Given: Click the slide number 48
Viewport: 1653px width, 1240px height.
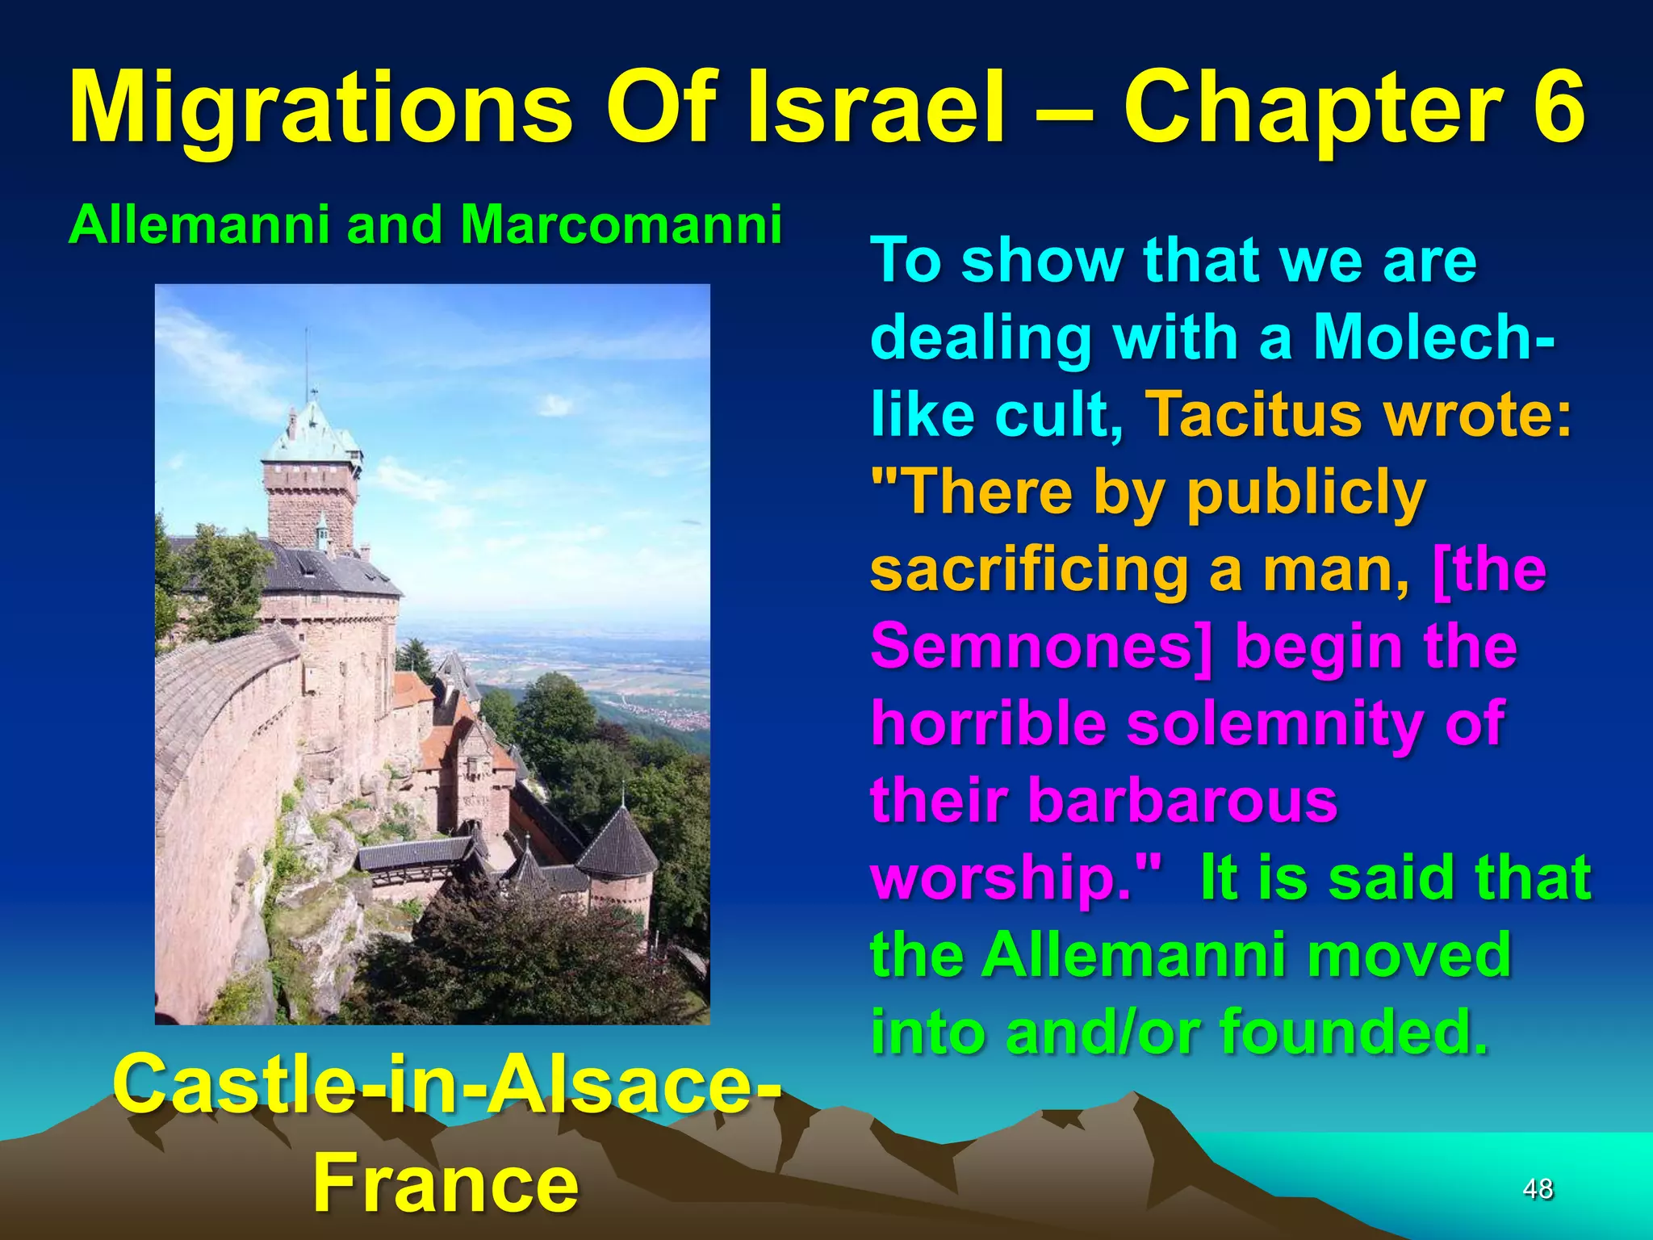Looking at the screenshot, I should [1538, 1188].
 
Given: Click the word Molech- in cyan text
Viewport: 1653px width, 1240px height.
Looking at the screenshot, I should [1433, 337].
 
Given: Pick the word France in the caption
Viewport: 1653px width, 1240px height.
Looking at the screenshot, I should [446, 1183].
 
